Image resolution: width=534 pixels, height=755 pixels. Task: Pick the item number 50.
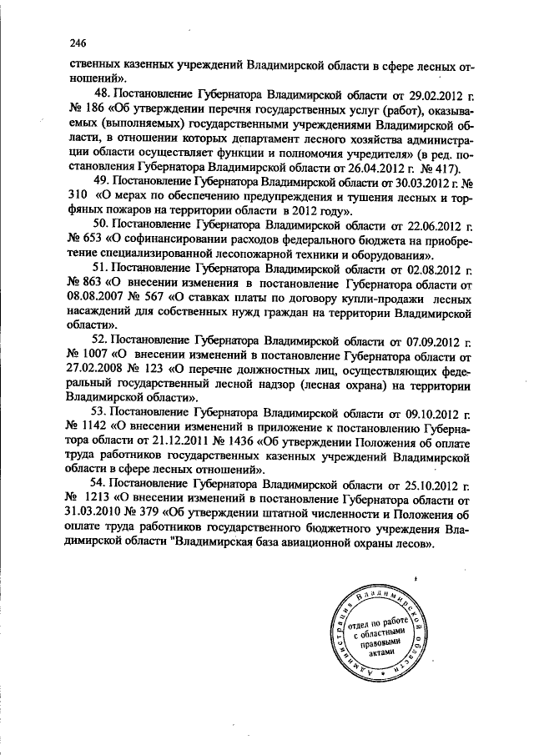pyautogui.click(x=103, y=226)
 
